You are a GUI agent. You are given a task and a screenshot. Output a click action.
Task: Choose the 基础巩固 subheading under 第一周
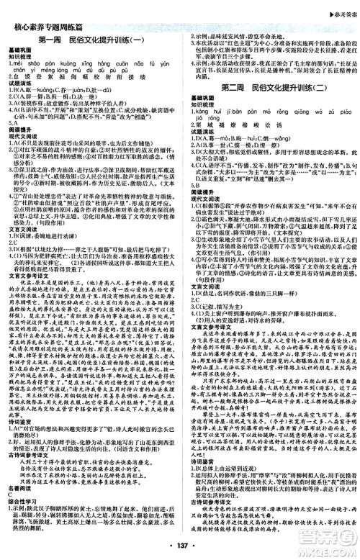click(x=22, y=48)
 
